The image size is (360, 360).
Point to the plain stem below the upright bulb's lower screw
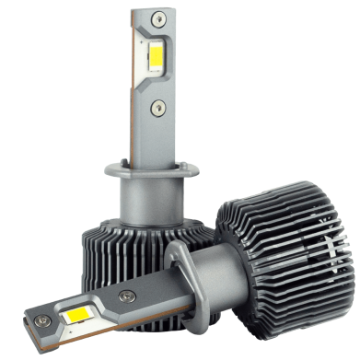coord(157,138)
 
